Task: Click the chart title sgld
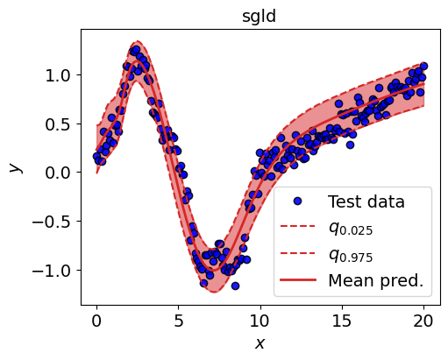coord(259,17)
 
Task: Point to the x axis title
coord(260,343)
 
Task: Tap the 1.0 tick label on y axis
coord(58,75)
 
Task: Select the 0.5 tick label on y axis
coord(58,124)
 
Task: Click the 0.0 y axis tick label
coord(58,173)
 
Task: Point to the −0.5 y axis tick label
coord(52,222)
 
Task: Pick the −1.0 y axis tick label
coord(52,271)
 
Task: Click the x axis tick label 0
coord(96,321)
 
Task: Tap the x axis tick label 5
coord(178,321)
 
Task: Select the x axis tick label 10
coord(260,321)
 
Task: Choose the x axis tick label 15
coord(342,321)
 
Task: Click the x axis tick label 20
coord(423,321)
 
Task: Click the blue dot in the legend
coord(298,201)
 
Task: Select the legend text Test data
coord(366,201)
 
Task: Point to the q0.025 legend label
coord(351,229)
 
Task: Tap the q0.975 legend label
coord(351,255)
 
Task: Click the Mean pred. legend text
coord(376,280)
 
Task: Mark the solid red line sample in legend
coord(298,280)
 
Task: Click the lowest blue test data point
coord(235,286)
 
